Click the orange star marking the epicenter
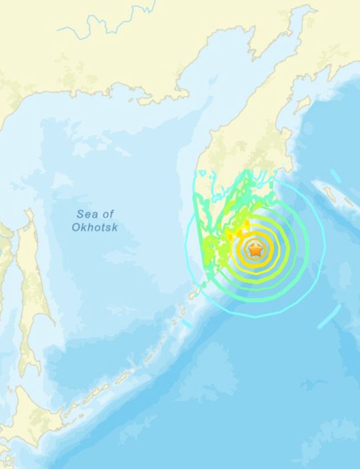point(255,252)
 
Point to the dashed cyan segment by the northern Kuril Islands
point(186,324)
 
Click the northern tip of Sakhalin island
point(28,213)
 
